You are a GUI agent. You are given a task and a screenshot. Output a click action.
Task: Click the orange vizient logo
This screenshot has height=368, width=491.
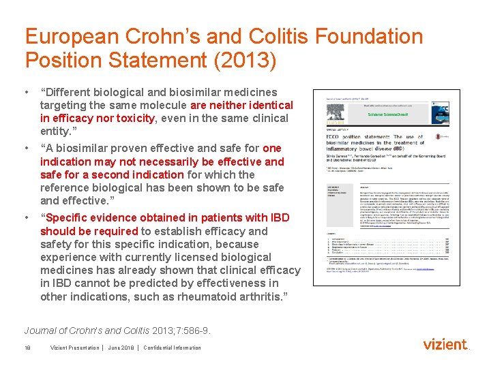(446, 345)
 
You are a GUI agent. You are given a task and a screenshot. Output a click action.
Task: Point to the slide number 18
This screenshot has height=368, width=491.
(28, 348)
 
